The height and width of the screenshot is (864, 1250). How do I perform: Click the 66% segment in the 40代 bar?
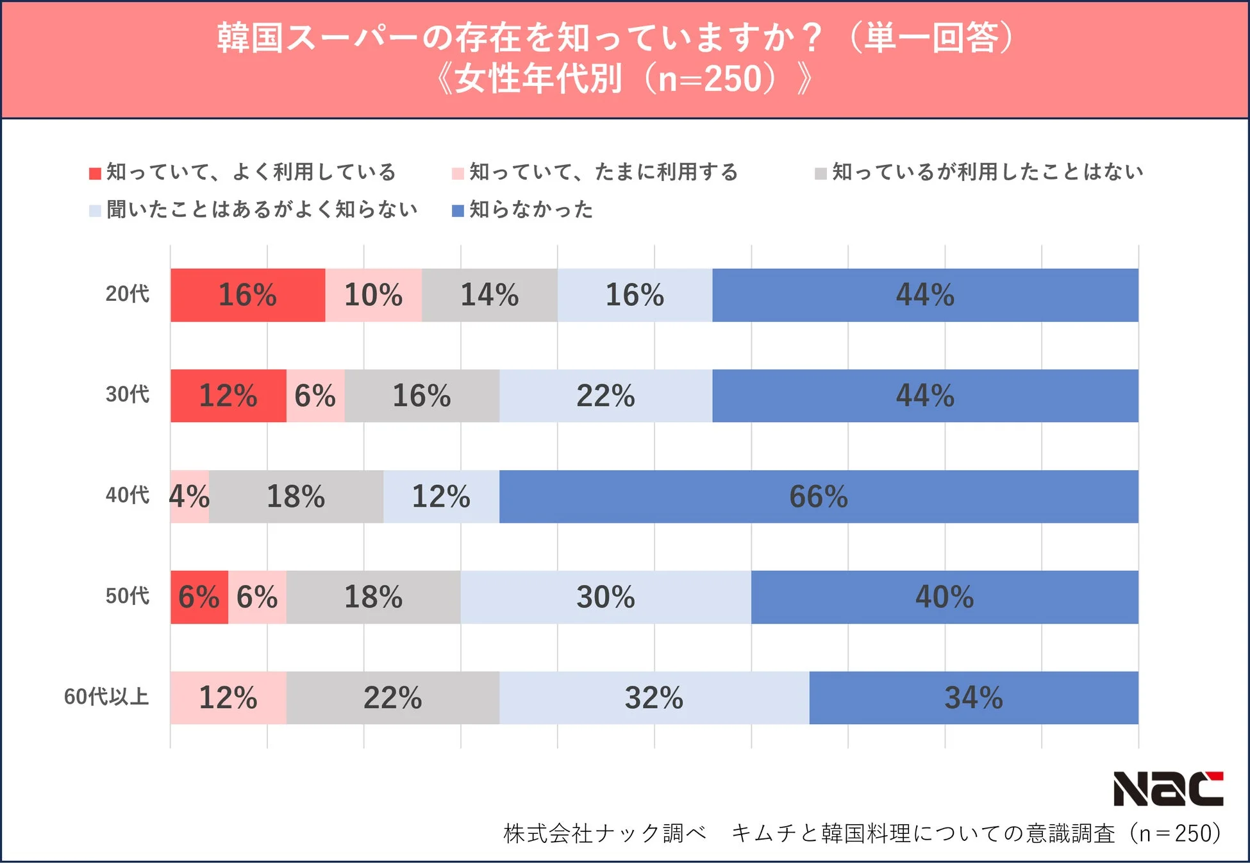coord(819,496)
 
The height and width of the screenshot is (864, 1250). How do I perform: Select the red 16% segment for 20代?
coord(247,295)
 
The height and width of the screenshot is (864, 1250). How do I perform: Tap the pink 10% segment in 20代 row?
coord(373,295)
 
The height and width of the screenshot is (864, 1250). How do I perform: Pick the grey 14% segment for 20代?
coord(490,295)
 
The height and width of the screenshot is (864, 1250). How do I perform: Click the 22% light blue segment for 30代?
coord(605,396)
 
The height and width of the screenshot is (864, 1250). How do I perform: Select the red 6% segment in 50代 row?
coord(199,597)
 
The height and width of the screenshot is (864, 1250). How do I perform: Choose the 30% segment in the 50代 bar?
coord(605,597)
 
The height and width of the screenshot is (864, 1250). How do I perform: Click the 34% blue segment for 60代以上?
coord(973,698)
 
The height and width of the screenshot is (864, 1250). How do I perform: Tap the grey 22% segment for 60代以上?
coord(392,698)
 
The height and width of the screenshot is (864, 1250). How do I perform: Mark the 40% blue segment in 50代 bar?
coord(944,597)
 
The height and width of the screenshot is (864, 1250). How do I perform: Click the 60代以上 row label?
coord(106,697)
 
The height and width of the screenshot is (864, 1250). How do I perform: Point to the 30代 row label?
coord(127,394)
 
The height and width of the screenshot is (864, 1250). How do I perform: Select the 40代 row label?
coord(127,495)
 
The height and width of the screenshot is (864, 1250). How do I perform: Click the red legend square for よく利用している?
coord(96,173)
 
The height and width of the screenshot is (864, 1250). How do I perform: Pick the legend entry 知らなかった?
coord(530,210)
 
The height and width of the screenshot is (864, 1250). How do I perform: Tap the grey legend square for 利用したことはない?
coord(821,173)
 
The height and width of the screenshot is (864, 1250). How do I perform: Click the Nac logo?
coord(1168,789)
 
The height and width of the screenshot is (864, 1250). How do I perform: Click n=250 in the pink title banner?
coord(710,80)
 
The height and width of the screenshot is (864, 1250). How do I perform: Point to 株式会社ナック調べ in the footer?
coord(604,833)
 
